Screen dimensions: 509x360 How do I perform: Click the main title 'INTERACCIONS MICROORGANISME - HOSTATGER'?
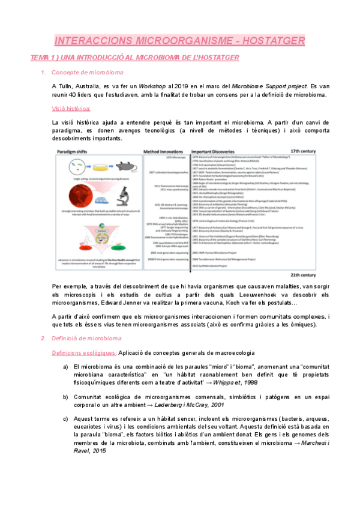(179, 40)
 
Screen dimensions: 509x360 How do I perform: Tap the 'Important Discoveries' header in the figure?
(218, 153)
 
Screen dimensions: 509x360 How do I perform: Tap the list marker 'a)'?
(65, 366)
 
